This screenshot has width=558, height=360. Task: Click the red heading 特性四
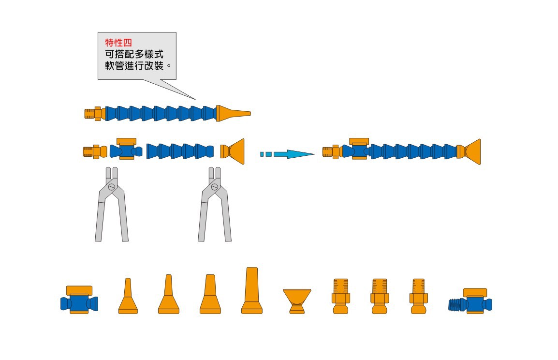tap(118, 42)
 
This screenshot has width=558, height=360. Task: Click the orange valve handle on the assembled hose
tap(359, 141)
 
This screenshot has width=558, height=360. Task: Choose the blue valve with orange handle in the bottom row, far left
tap(79, 300)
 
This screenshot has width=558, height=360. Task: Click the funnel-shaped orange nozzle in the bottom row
tap(297, 300)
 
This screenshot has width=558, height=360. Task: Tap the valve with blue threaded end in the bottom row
tap(470, 302)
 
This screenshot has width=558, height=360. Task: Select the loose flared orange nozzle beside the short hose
tap(233, 151)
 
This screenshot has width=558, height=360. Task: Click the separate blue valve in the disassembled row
tap(126, 150)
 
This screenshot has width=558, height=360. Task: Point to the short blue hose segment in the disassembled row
tap(179, 151)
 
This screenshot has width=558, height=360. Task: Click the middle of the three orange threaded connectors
tap(380, 296)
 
